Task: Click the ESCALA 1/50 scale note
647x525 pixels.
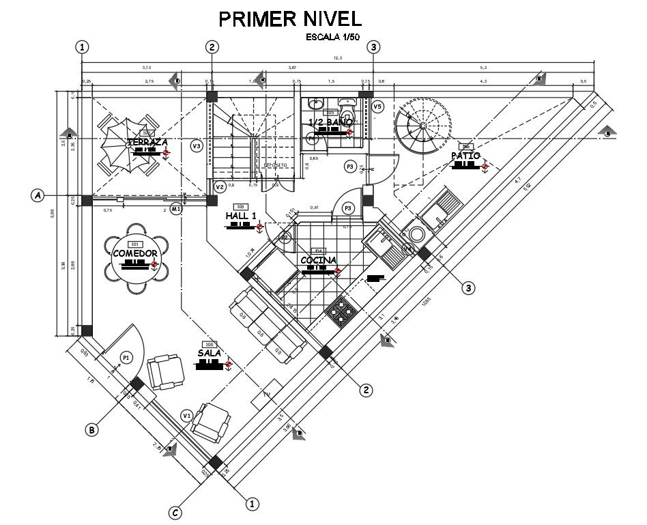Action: [332, 38]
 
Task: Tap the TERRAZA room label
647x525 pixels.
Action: [147, 142]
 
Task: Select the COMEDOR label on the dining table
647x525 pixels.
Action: [135, 253]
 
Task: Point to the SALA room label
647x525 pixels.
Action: [209, 353]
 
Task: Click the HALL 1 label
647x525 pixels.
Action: [240, 216]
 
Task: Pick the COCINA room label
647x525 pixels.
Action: [318, 260]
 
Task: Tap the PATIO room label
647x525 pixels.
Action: [467, 156]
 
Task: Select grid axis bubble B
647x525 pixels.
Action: [92, 429]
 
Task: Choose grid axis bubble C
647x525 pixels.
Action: [175, 513]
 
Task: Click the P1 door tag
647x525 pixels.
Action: [125, 357]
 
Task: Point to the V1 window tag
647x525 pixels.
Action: [186, 415]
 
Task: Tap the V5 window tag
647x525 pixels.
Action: [377, 107]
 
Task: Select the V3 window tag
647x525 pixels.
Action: [197, 145]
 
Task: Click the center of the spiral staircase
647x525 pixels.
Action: [423, 126]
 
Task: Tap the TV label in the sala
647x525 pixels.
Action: [266, 395]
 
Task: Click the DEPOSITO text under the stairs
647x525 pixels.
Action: [275, 165]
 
